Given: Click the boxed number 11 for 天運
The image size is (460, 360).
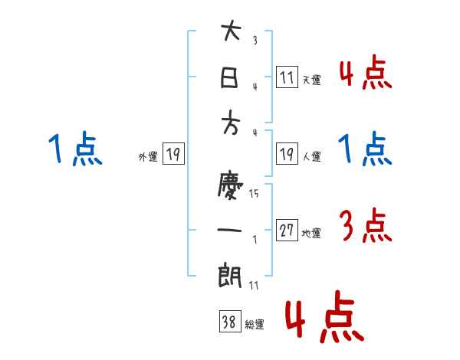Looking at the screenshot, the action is pos(287,77).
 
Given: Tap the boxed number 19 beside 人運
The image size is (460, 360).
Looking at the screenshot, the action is pos(287,154).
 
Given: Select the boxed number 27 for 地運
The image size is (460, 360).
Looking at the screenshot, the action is pos(287,231).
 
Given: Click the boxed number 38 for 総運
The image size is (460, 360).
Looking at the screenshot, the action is pos(229,322).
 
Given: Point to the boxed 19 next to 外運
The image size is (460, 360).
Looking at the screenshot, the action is pos(173,155).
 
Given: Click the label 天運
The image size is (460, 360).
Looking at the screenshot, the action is pos(311,80).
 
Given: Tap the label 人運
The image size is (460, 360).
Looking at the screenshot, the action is pos(311,157).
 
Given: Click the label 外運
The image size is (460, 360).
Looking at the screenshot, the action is pos(148,157).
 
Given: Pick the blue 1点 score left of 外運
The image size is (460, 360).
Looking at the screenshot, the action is pos(75,149).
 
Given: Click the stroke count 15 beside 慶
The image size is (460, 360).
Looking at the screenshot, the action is pos(254,193).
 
